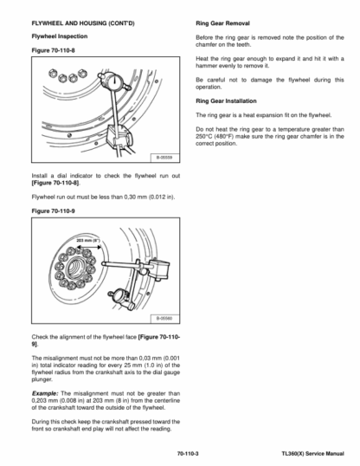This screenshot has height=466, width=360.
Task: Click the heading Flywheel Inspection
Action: pyautogui.click(x=60, y=36)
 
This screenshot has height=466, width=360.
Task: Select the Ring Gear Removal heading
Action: pyautogui.click(x=222, y=23)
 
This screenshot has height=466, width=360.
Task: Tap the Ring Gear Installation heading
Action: pyautogui.click(x=226, y=101)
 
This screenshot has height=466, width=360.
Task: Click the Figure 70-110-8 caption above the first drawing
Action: pyautogui.click(x=53, y=50)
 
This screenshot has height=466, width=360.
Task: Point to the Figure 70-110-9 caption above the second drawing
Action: pyautogui.click(x=53, y=211)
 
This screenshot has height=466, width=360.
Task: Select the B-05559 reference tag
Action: pyautogui.click(x=164, y=158)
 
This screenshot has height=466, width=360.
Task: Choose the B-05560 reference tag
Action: pyautogui.click(x=164, y=319)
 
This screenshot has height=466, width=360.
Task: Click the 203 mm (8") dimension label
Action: pyautogui.click(x=88, y=240)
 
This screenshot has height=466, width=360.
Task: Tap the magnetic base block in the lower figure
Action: pyautogui.click(x=158, y=269)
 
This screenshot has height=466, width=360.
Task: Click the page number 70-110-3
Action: pyautogui.click(x=188, y=454)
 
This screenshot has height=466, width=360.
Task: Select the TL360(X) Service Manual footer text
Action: pyautogui.click(x=312, y=454)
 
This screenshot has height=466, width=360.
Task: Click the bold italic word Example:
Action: pyautogui.click(x=45, y=393)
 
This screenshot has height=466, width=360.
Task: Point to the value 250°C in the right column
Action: pyautogui.click(x=204, y=136)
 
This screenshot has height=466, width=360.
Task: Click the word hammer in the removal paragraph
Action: pyautogui.click(x=206, y=66)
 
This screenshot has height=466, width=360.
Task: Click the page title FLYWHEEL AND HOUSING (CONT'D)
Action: pyautogui.click(x=83, y=23)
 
